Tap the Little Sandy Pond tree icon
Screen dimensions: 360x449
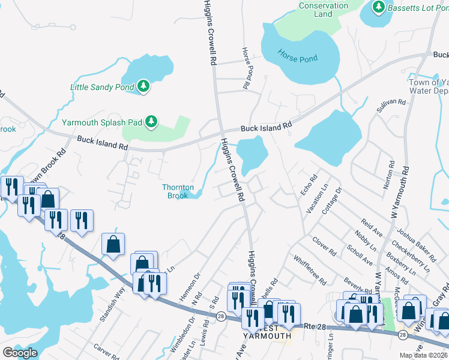point(143,87)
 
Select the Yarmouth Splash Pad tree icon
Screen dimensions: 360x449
point(152,122)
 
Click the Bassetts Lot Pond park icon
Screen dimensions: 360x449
point(378,7)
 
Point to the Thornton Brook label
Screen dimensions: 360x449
point(178,191)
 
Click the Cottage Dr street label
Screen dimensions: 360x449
point(337,198)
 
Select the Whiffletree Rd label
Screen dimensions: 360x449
point(310,271)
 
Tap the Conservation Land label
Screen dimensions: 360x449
point(323,10)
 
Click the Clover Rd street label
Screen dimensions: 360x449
point(324,246)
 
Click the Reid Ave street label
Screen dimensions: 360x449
point(373,229)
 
